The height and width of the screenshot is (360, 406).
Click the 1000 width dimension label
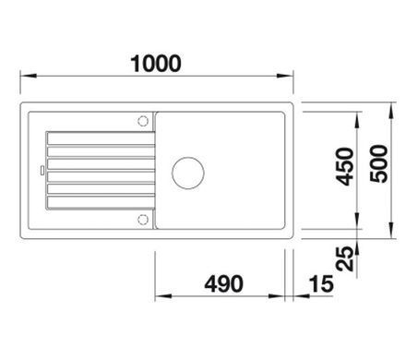pos(156,64)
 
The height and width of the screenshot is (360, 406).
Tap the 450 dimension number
pos(345,167)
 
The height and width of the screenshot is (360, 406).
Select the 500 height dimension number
pos(379,164)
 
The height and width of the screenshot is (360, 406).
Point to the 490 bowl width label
pos(223,283)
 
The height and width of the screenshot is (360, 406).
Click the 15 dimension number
pos(321,283)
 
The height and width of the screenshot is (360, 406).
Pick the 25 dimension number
pos(345,258)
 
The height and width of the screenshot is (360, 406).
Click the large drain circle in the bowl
pos(188,173)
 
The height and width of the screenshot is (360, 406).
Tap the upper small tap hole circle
pos(143,121)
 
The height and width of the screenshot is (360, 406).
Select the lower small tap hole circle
pos(142,220)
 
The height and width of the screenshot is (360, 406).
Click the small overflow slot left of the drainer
pos(42,171)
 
